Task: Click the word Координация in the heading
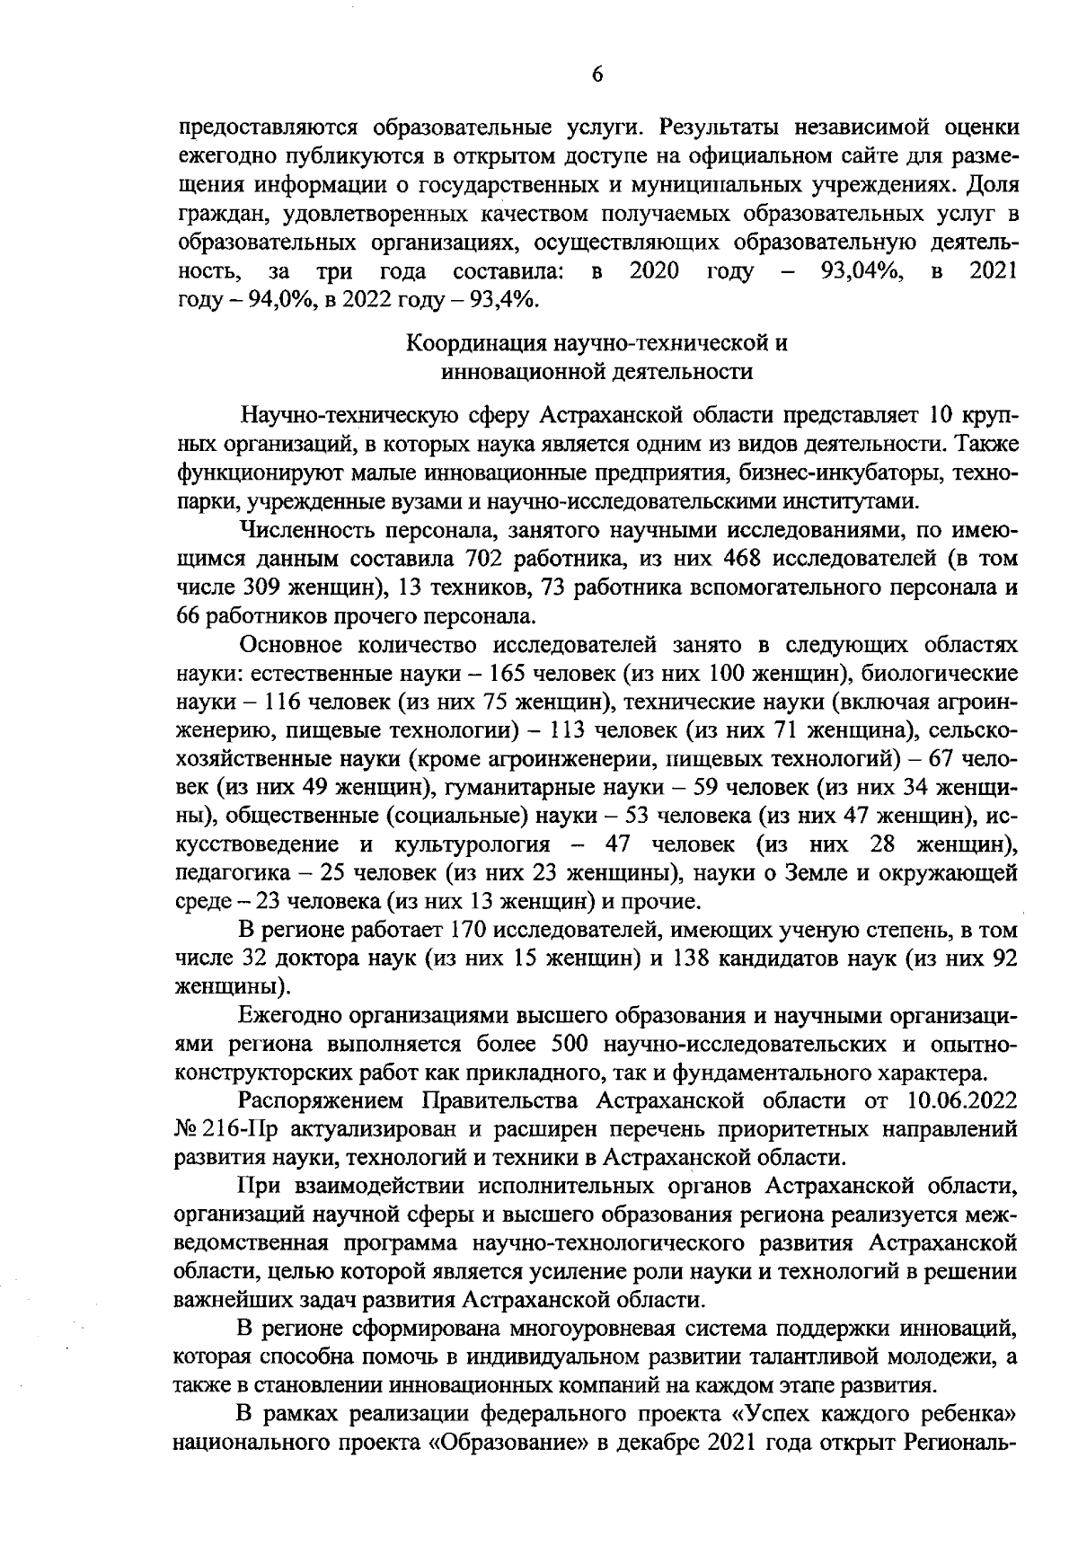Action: pyautogui.click(x=472, y=343)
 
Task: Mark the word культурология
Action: pyautogui.click(x=473, y=844)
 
